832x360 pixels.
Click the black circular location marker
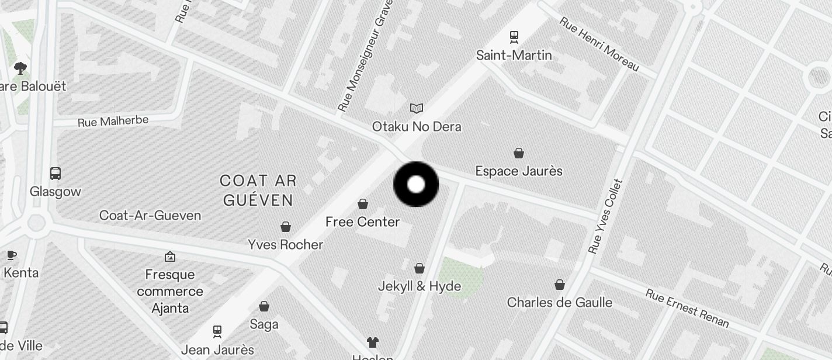pos(415,185)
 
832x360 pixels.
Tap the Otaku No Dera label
pos(417,126)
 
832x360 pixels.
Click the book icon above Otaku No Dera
pos(416,108)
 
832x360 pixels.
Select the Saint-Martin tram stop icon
pos(514,37)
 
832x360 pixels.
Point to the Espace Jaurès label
pos(518,171)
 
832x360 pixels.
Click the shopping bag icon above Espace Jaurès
pos(518,153)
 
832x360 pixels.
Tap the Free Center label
pos(362,222)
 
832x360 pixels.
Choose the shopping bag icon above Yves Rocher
pos(286,226)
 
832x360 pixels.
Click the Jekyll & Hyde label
pos(419,286)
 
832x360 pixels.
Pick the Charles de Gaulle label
pos(559,303)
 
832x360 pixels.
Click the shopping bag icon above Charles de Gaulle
pos(559,285)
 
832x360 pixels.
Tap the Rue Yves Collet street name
pos(606,216)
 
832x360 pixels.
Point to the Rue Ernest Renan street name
pos(687,307)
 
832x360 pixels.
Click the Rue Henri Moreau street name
pos(599,44)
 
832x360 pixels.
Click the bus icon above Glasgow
pos(56,174)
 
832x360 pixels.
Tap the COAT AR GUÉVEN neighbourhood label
pos(257,191)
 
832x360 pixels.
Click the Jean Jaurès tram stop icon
pos(217,331)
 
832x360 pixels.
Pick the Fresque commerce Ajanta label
pos(170,291)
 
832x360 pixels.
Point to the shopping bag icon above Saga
pos(264,306)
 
